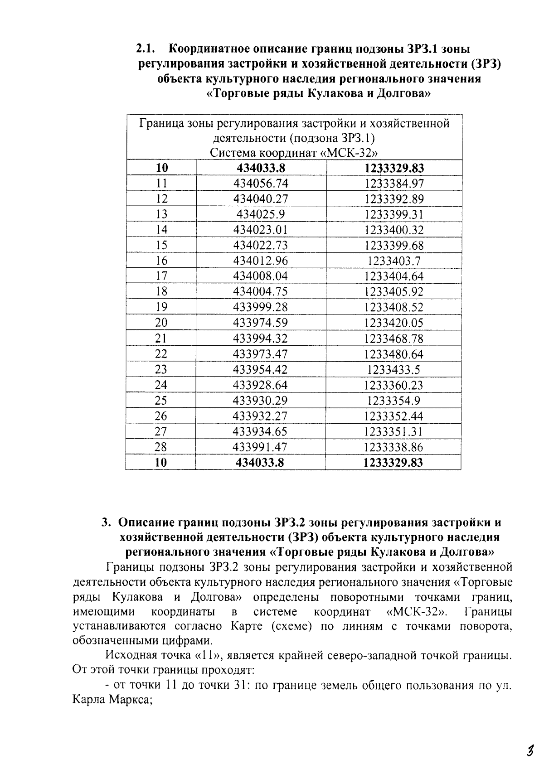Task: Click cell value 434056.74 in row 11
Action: pos(261,184)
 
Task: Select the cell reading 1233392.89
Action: pos(393,199)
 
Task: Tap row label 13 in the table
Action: pos(161,214)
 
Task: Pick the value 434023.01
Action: pos(261,230)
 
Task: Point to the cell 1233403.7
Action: pos(393,261)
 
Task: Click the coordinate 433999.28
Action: pos(261,307)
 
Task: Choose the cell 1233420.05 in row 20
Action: pos(393,323)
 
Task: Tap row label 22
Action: pos(161,354)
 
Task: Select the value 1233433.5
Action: pos(393,369)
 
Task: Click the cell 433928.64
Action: pos(261,385)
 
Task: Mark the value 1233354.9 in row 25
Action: pos(393,401)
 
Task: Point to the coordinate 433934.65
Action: pos(261,431)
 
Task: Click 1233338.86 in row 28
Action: pos(393,447)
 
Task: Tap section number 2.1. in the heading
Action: pos(146,48)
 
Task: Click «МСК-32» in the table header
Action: pos(349,152)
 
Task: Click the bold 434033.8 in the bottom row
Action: pos(261,463)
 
